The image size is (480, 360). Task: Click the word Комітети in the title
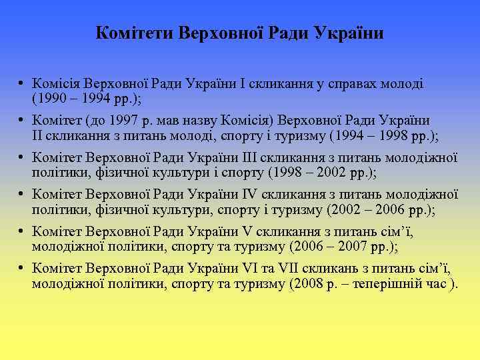133,33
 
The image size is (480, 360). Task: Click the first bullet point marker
22,84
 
